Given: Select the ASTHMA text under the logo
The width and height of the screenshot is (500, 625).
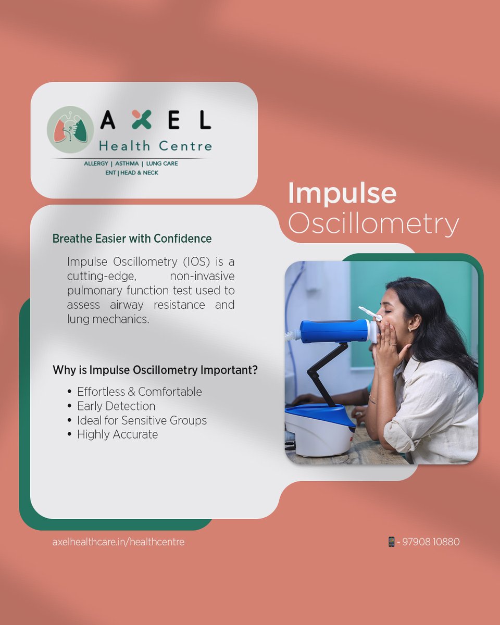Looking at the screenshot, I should click(x=127, y=164).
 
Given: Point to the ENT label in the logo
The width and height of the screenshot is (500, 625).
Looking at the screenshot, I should click(x=110, y=172).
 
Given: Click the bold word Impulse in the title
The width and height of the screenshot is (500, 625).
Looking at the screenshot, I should click(x=342, y=193).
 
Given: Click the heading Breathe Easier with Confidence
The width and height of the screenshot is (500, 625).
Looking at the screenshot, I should click(x=132, y=239).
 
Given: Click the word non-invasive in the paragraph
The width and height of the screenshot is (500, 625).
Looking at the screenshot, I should click(x=202, y=276).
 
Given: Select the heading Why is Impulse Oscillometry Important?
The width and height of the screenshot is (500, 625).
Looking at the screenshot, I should click(x=155, y=370).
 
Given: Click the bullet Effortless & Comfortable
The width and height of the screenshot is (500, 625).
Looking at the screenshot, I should click(x=139, y=392).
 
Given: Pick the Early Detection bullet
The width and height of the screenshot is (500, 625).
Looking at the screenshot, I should click(x=116, y=406).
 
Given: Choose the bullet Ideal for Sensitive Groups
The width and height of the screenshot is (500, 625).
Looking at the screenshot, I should click(x=142, y=420).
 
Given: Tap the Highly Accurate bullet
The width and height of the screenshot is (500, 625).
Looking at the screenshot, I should click(x=117, y=434).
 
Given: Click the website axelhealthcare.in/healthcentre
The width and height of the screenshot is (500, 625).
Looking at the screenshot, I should click(x=118, y=542).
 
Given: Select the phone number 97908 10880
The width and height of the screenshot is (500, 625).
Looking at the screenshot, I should click(x=431, y=542).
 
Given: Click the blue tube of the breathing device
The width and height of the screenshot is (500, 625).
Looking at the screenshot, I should click(x=333, y=331).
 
